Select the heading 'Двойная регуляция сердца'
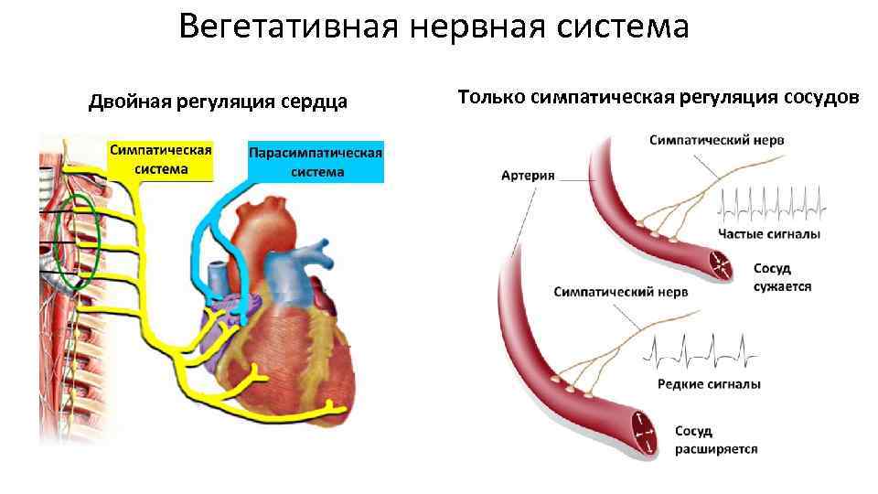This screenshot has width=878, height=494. [218, 102]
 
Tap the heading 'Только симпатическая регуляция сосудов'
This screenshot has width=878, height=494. [658, 96]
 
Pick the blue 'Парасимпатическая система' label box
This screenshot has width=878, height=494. [316, 162]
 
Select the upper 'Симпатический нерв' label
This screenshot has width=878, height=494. [716, 140]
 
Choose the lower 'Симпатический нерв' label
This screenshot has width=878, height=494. [620, 292]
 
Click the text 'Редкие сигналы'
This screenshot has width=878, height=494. [709, 384]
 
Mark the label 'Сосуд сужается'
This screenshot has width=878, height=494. [781, 277]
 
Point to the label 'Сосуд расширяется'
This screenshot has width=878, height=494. [715, 440]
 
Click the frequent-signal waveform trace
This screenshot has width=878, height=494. [772, 206]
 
